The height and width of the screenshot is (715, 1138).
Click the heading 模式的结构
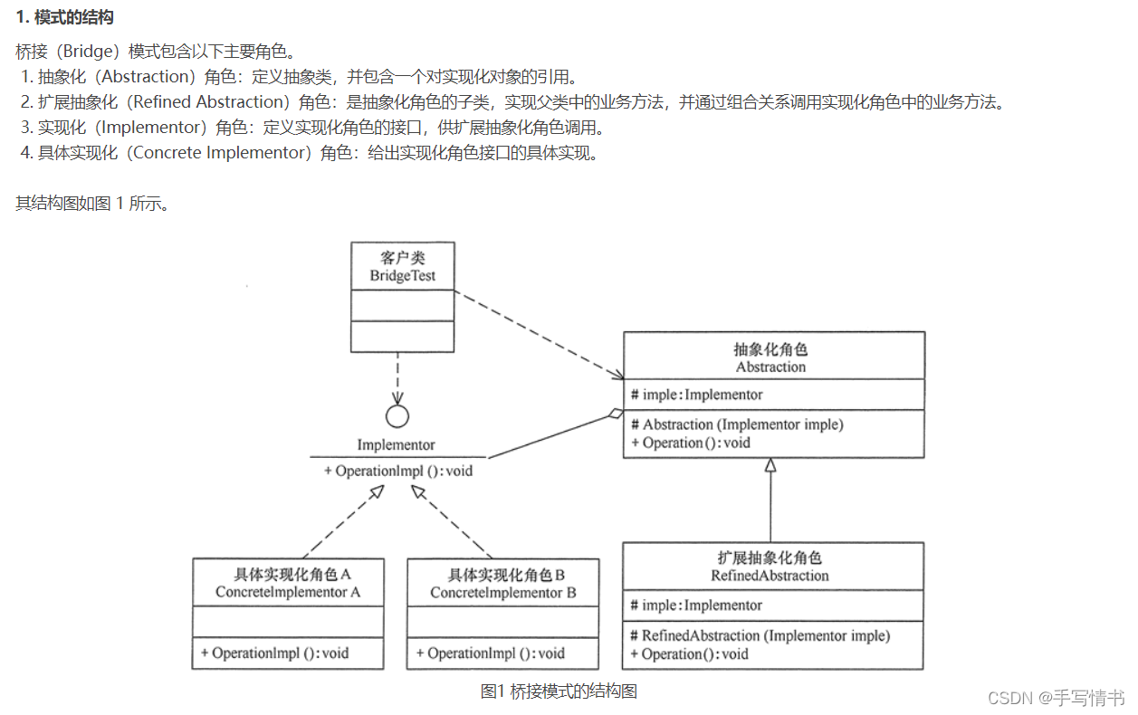point(72,18)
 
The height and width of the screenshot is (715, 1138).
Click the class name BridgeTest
point(403,276)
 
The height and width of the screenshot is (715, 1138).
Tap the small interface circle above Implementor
point(397,416)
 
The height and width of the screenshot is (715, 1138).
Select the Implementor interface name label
point(396,445)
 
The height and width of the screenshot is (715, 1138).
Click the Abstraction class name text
point(770,367)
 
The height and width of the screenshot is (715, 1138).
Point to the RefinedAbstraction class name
point(770,576)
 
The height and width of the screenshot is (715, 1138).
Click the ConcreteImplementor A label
point(288,593)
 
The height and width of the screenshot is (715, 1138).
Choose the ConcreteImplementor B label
point(503,593)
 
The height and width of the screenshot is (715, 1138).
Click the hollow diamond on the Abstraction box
point(615,415)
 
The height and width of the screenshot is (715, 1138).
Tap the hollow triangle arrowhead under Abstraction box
point(770,465)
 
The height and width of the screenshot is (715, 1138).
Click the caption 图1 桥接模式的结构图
point(559,691)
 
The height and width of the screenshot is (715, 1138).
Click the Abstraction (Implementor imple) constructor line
point(742,424)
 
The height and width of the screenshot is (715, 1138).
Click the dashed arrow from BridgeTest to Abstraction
point(539,334)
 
